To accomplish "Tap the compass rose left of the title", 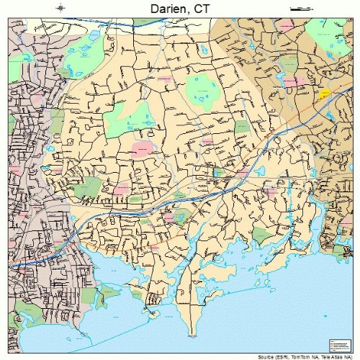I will pyautogui.click(x=63, y=8).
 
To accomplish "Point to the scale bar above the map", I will pyautogui.click(x=297, y=8).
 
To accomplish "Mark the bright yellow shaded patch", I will pyautogui.click(x=325, y=94).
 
